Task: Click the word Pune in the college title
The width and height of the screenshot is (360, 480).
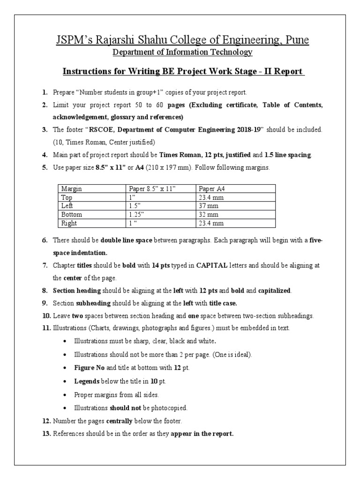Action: (295, 40)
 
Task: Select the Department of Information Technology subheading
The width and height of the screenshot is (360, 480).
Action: (182, 52)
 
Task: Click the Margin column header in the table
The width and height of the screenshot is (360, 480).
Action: (72, 188)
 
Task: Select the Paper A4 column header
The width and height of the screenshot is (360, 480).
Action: (214, 188)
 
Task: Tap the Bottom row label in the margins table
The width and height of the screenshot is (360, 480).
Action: (72, 214)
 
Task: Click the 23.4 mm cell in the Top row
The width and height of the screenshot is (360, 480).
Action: (211, 197)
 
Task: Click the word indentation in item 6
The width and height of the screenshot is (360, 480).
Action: (78, 253)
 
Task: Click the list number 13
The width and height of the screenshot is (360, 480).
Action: (46, 434)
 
